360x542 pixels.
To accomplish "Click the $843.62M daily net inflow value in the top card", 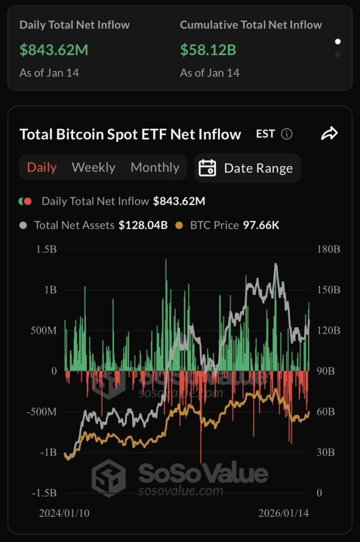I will click(x=54, y=50).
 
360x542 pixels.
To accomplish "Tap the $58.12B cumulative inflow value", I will click(x=208, y=50).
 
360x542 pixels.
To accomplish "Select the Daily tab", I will click(x=42, y=168).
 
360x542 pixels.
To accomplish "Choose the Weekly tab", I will click(x=93, y=168).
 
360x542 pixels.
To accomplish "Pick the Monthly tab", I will click(x=155, y=168).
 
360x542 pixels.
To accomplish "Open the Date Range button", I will click(x=248, y=168).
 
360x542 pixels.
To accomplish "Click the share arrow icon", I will click(x=329, y=134).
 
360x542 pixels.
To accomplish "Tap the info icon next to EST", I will click(x=287, y=134).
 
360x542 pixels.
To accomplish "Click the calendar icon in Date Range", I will click(x=208, y=168).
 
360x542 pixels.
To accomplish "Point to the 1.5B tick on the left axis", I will click(x=47, y=249).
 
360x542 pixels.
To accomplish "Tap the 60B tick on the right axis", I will click(x=326, y=412).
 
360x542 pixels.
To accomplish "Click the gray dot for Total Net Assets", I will click(x=23, y=225).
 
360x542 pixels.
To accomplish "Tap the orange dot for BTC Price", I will click(x=179, y=225).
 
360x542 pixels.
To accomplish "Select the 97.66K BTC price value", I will click(x=261, y=225).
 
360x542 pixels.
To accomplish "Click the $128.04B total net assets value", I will click(x=143, y=225).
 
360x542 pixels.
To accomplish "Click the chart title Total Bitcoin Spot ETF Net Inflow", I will click(x=130, y=134).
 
